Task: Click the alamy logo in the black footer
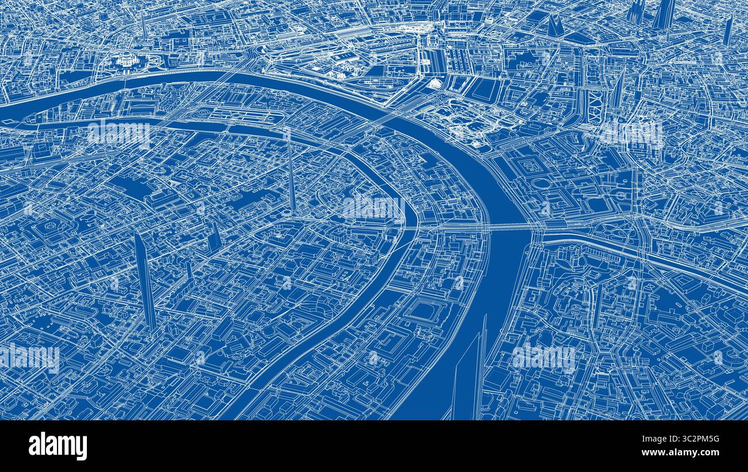tap(58, 446)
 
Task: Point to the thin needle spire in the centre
tap(291, 172)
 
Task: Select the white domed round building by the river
tap(125, 59)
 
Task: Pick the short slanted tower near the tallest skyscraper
tap(215, 237)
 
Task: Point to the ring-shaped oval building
tap(541, 183)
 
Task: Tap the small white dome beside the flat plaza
tap(434, 85)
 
